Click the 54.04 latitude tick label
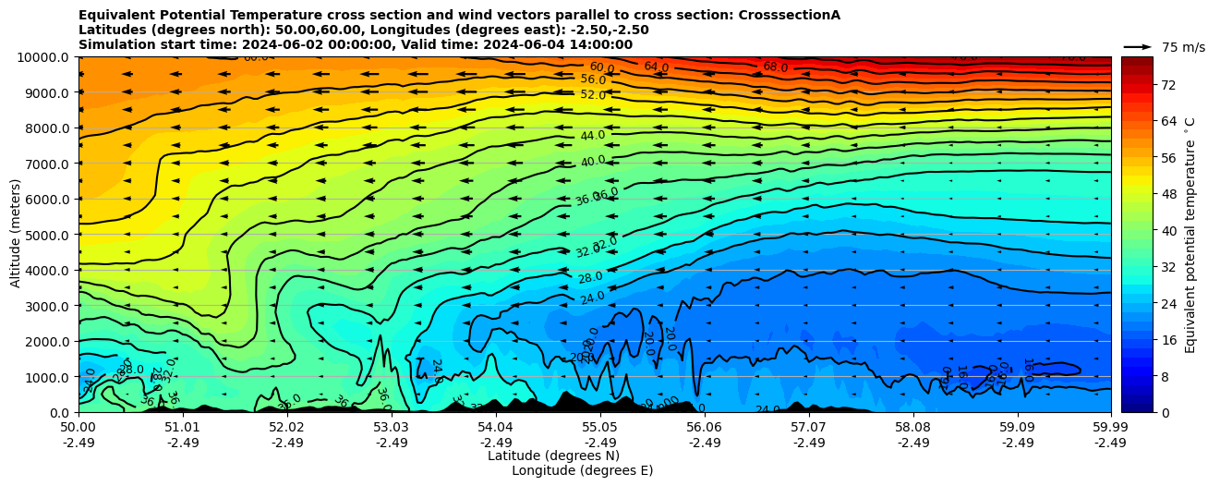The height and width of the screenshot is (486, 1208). (495, 428)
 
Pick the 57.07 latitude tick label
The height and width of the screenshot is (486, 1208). (808, 428)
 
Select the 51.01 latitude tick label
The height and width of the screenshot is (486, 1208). (182, 428)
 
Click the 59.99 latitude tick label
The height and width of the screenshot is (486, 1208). (1110, 428)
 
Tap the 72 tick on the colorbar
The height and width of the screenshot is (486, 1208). (1166, 85)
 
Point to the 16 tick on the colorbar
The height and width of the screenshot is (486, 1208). (1166, 341)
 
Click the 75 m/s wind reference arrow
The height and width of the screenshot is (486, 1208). (1138, 47)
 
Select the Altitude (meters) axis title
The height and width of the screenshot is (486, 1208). (16, 235)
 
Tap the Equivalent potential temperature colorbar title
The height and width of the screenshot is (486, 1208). (1190, 235)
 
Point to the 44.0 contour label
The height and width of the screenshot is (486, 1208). (593, 136)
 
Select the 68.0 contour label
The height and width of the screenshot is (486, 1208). (776, 67)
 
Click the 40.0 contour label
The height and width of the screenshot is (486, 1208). (593, 162)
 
